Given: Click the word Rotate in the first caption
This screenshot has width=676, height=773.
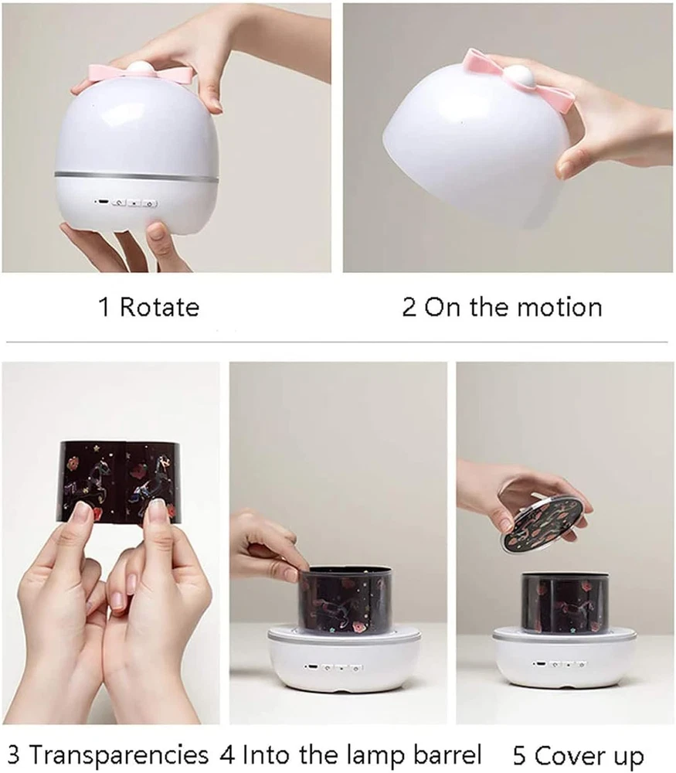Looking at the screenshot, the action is pyautogui.click(x=160, y=307).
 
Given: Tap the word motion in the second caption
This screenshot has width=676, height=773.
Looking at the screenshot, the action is pyautogui.click(x=559, y=307).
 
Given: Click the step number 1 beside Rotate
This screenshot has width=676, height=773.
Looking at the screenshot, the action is pyautogui.click(x=104, y=307).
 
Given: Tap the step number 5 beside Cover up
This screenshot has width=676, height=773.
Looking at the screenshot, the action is pyautogui.click(x=520, y=755).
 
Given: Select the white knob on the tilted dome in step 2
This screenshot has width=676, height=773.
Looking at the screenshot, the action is pyautogui.click(x=517, y=77).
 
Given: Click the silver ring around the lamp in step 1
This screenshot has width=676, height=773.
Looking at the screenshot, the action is pyautogui.click(x=137, y=176).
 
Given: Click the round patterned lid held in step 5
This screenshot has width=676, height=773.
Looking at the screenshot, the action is pyautogui.click(x=545, y=519).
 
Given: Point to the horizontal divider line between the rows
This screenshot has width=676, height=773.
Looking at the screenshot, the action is pyautogui.click(x=337, y=341).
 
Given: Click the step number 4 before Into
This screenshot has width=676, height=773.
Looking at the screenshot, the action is pyautogui.click(x=228, y=755).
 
